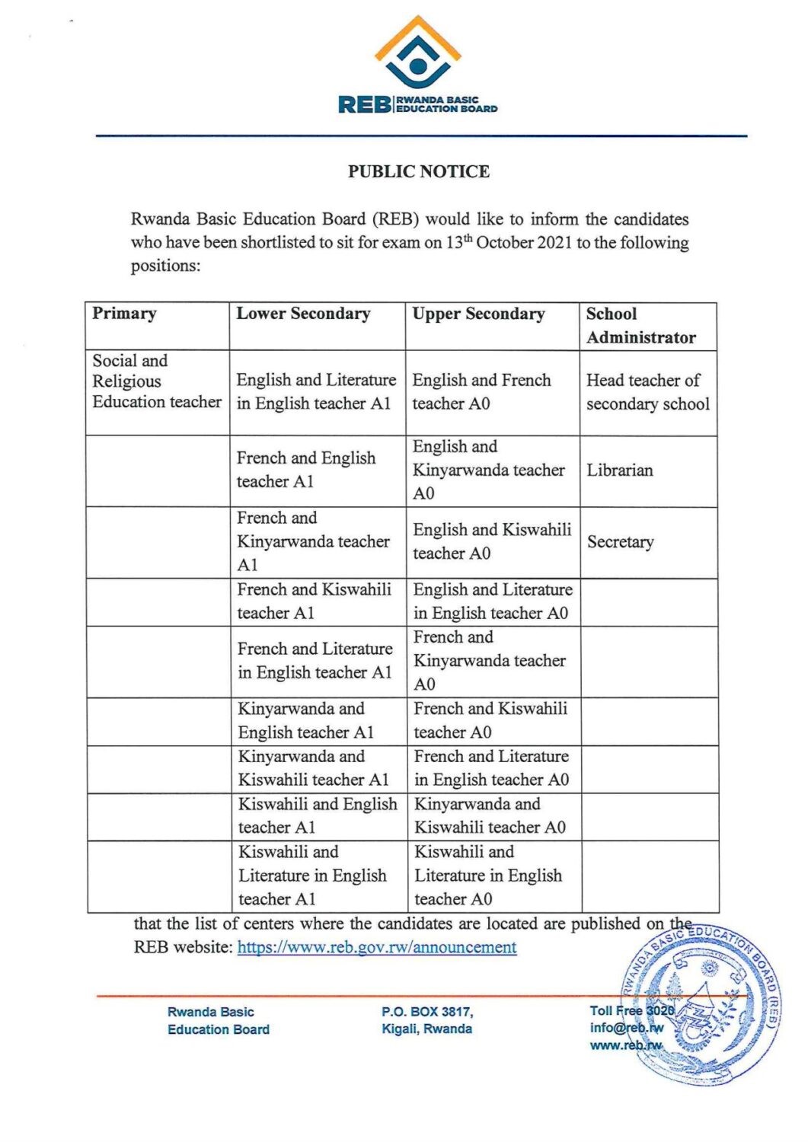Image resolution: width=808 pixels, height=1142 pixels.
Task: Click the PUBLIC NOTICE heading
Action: click(x=418, y=171)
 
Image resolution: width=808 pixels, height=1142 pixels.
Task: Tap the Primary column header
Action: click(x=124, y=314)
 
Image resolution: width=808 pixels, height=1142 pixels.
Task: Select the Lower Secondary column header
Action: click(x=303, y=314)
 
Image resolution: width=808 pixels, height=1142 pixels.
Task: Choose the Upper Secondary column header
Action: click(x=478, y=314)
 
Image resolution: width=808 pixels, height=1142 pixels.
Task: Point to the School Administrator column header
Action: click(x=640, y=325)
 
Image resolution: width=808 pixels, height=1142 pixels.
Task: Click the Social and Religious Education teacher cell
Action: click(x=156, y=381)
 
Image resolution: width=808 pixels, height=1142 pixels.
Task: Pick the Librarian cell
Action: click(x=619, y=471)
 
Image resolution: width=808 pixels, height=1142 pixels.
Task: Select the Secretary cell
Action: click(x=620, y=542)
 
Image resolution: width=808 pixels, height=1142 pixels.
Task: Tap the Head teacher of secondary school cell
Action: click(x=647, y=392)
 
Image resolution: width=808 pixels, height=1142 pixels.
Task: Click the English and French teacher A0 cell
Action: click(x=481, y=392)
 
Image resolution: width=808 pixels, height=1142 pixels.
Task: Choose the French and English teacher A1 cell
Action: click(x=305, y=470)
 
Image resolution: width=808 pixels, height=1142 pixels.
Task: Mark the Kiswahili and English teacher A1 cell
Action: click(x=317, y=816)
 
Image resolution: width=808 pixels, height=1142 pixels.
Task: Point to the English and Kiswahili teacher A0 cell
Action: click(x=491, y=541)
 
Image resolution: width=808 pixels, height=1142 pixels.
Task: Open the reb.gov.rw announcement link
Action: click(x=377, y=948)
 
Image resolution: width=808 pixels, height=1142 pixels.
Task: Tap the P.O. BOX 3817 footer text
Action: click(x=426, y=1012)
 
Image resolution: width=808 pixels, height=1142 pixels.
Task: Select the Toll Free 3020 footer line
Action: click(x=631, y=1011)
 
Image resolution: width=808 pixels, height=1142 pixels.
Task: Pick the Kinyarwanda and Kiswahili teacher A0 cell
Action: click(x=490, y=816)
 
